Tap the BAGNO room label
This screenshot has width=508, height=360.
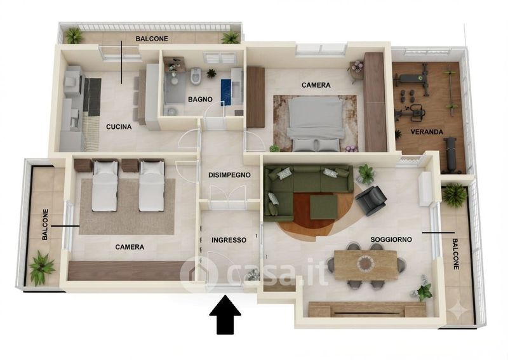pyautogui.click(x=200, y=99)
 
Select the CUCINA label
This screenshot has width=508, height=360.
pyautogui.click(x=119, y=127)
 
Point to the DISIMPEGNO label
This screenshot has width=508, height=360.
pyautogui.click(x=229, y=175)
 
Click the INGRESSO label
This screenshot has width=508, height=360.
pyautogui.click(x=229, y=240)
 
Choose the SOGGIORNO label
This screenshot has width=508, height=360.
pyautogui.click(x=391, y=239)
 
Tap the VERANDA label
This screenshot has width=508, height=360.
pyautogui.click(x=427, y=132)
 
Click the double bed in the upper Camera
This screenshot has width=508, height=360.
pyautogui.click(x=315, y=124)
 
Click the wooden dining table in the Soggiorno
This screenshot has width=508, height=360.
pyautogui.click(x=366, y=265)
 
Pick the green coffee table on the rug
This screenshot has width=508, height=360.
pyautogui.click(x=324, y=207)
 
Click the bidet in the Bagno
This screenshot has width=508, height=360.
pyautogui.click(x=195, y=76)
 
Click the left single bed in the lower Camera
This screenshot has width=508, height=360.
pyautogui.click(x=105, y=185)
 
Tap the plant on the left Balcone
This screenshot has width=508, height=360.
pyautogui.click(x=41, y=267)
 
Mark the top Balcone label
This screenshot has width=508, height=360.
pyautogui.click(x=152, y=39)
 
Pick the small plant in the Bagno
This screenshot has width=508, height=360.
pyautogui.click(x=211, y=73)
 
